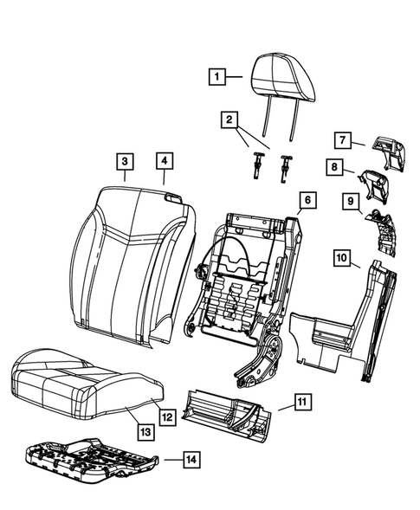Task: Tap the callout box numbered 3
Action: (x=125, y=160)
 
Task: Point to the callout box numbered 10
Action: (x=342, y=257)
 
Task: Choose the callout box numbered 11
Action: (x=300, y=401)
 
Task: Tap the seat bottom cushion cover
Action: (x=87, y=381)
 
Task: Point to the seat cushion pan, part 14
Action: (x=91, y=458)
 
